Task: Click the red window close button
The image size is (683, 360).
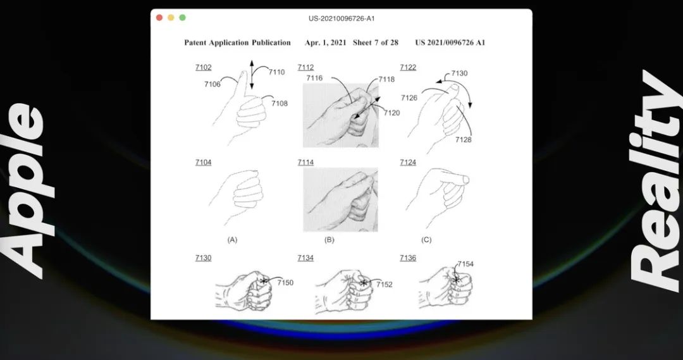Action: [159, 18]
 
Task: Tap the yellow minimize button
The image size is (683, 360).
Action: [171, 18]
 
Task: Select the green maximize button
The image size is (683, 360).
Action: [183, 18]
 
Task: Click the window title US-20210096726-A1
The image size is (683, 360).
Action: [341, 18]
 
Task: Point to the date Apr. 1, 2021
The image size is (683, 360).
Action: [326, 43]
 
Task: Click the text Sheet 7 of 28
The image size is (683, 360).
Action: [376, 43]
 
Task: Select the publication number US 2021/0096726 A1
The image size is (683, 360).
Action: [450, 43]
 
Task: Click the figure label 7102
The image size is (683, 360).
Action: [204, 68]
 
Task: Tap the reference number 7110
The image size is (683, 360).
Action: [276, 72]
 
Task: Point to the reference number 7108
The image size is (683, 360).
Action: [280, 103]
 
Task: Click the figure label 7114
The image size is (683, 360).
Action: [306, 163]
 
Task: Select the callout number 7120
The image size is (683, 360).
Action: [391, 113]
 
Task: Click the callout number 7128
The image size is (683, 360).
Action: [464, 139]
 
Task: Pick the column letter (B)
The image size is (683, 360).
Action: [329, 240]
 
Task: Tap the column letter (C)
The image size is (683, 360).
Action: [426, 240]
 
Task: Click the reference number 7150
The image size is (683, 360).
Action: [285, 283]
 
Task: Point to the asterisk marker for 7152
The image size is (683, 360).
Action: [364, 283]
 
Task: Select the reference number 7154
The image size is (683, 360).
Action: [465, 264]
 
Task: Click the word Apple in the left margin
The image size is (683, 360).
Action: [27, 191]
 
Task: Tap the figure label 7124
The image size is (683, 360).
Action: [408, 163]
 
